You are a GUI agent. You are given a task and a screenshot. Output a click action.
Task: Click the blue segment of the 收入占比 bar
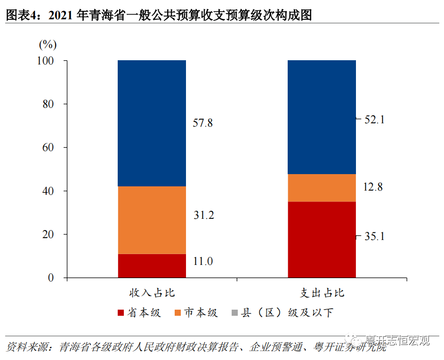click(x=152, y=123)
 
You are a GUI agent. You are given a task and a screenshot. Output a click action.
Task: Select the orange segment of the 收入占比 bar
click(x=152, y=220)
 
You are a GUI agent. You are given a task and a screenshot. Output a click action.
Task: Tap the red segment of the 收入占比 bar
click(x=152, y=266)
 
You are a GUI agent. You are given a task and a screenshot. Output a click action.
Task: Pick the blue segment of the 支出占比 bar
click(x=322, y=117)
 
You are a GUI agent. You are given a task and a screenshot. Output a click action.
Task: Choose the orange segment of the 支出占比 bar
click(x=322, y=188)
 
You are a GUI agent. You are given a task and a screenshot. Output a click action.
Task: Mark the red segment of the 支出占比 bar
click(x=322, y=240)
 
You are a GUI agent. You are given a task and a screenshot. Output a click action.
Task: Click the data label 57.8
click(x=203, y=123)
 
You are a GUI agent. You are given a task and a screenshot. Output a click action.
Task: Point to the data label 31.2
click(x=203, y=216)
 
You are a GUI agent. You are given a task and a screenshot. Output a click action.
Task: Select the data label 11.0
click(x=203, y=261)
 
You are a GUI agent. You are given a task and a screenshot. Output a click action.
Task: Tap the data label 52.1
click(x=375, y=120)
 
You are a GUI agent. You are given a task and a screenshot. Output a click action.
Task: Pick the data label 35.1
click(x=375, y=236)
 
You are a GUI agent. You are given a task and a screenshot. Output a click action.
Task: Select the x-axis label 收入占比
click(x=152, y=293)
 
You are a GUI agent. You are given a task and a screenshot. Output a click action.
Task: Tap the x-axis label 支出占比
click(x=322, y=293)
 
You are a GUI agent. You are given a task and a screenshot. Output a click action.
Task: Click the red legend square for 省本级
click(x=121, y=313)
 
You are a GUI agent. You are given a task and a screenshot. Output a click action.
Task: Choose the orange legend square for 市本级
click(x=178, y=313)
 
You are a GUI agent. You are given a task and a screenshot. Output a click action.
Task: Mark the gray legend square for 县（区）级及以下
click(x=234, y=313)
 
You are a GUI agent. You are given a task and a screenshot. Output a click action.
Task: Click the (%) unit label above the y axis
click(x=48, y=45)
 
